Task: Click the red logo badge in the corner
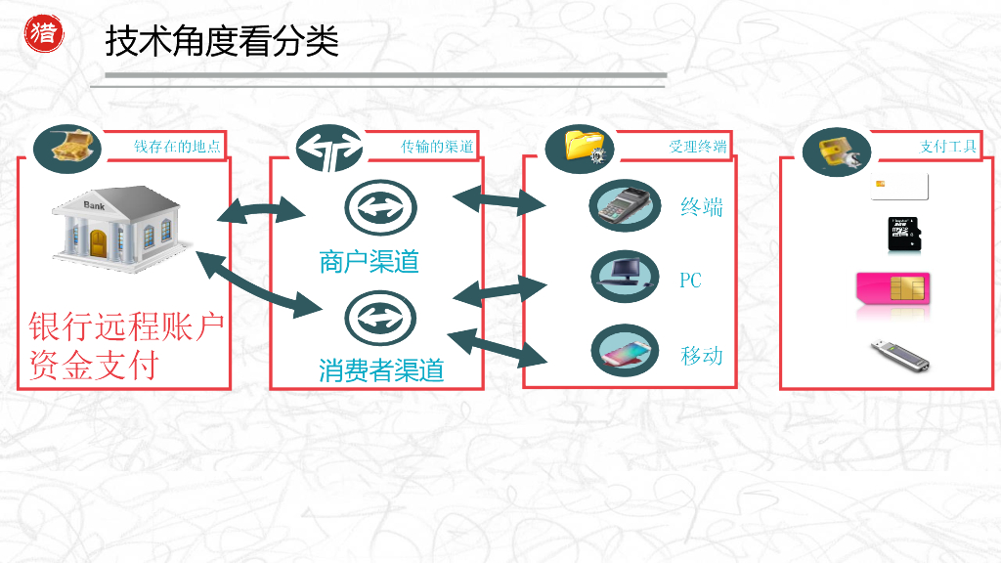pos(43,32)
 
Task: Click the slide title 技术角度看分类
pos(222,42)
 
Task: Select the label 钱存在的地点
pos(178,147)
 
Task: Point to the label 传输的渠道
pos(437,147)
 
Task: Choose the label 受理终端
pos(697,147)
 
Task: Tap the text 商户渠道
pos(369,262)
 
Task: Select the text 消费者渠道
pos(381,370)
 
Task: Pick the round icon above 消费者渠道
pos(380,318)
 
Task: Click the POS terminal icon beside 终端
pos(626,205)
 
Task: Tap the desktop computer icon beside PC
pos(626,277)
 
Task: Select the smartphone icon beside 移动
pos(626,350)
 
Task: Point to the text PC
pos(690,281)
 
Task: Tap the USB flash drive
pos(897,355)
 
